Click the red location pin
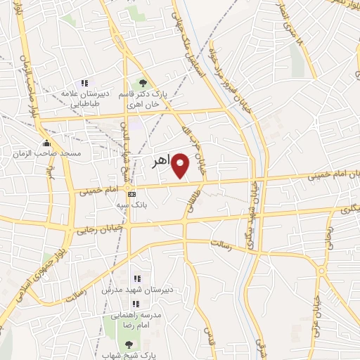[x=181, y=166]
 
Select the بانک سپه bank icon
[x=131, y=193]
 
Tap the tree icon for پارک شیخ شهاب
[x=128, y=344]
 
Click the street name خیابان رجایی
[x=105, y=226]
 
